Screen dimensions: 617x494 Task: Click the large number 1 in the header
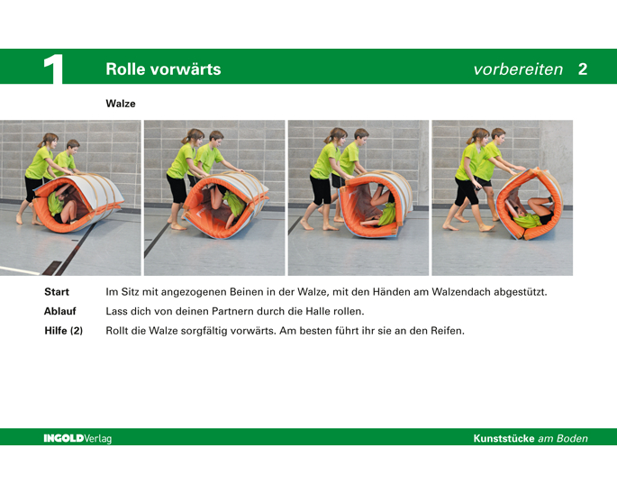point(53,69)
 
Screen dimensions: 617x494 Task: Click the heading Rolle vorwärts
point(163,69)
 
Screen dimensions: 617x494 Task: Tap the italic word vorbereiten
point(518,69)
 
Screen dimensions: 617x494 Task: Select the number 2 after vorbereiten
point(583,69)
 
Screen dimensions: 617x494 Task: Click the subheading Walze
point(121,104)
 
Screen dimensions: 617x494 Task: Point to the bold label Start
point(57,292)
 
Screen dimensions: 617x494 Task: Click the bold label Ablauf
point(59,311)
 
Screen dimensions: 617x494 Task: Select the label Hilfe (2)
point(63,331)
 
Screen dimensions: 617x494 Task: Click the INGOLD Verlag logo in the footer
point(77,438)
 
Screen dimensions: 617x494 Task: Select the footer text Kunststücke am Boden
point(531,438)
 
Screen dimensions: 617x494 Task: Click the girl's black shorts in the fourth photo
point(467,191)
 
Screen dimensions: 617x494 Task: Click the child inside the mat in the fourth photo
point(530,213)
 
